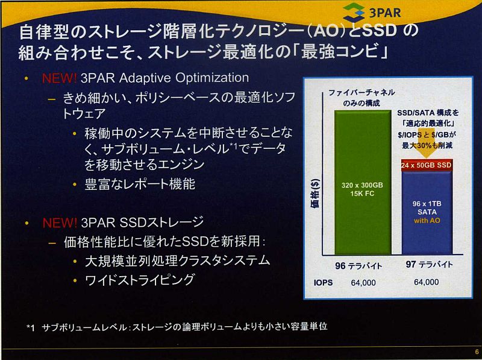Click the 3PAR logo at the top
tap(372, 13)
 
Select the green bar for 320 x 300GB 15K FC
tap(363, 183)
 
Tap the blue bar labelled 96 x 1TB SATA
tap(427, 212)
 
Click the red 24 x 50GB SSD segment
tap(427, 165)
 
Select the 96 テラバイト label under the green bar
tap(358, 265)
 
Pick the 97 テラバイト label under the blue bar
tap(429, 264)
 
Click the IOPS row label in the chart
tap(323, 282)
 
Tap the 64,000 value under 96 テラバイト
tap(363, 283)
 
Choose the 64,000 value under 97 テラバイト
tap(427, 282)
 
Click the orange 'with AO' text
tap(427, 221)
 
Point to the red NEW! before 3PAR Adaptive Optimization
tap(59, 78)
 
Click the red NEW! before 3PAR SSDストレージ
tap(60, 223)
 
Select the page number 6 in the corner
tap(477, 352)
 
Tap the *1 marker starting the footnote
tap(31, 328)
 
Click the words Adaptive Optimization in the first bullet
tap(184, 78)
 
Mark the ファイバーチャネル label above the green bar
tap(362, 93)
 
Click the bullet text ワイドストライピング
tap(140, 280)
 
